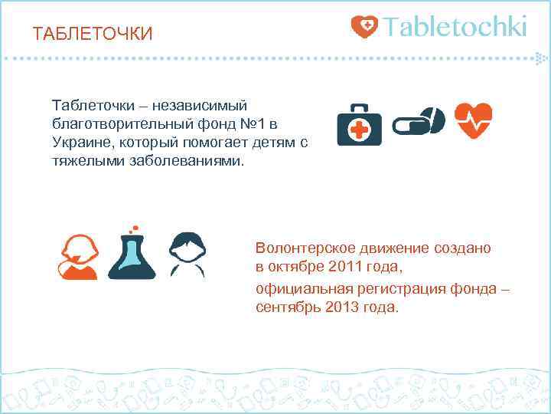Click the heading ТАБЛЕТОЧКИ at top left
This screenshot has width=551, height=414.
pyautogui.click(x=93, y=34)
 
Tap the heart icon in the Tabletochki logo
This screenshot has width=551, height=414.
pyautogui.click(x=364, y=27)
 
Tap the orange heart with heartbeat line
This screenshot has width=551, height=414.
pyautogui.click(x=473, y=120)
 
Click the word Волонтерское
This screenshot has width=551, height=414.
pyautogui.click(x=305, y=249)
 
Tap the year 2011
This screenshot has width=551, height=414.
pyautogui.click(x=342, y=268)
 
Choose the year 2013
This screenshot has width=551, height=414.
pyautogui.click(x=341, y=307)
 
